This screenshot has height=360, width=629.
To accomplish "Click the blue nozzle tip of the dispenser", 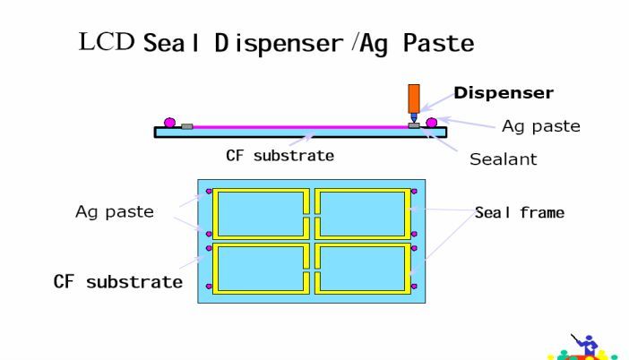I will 413,117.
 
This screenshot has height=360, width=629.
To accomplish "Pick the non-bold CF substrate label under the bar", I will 281,155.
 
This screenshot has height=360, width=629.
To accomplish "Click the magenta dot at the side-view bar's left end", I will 169,122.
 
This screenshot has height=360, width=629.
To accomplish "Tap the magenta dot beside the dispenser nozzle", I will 431,122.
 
